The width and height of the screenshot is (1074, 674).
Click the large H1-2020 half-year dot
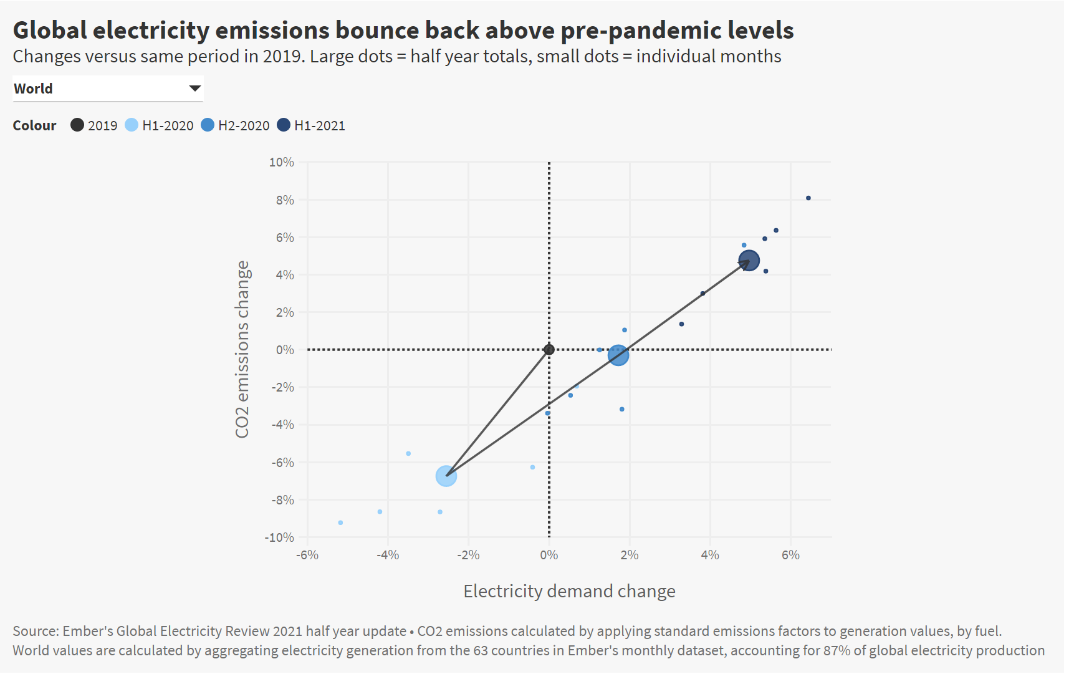(x=446, y=476)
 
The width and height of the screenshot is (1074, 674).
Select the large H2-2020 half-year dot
(x=618, y=355)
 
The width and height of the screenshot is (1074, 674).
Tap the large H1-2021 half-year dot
(x=749, y=261)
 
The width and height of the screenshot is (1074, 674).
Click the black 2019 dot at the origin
(x=549, y=350)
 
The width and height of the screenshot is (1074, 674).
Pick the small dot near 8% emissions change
(x=808, y=198)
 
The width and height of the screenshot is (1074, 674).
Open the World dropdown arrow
(x=195, y=89)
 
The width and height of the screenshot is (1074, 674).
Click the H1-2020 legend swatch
(x=132, y=125)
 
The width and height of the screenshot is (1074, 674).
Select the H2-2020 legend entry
(x=236, y=125)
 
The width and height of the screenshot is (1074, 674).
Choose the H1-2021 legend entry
(x=311, y=125)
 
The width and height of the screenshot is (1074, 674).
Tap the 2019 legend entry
(x=94, y=125)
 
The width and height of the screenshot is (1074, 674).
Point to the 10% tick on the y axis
(x=282, y=162)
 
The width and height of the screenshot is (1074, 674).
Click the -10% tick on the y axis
(x=279, y=537)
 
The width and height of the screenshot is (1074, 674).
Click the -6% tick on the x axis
(x=307, y=555)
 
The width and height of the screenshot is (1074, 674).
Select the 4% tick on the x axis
(x=710, y=555)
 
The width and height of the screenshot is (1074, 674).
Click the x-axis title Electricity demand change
(x=569, y=591)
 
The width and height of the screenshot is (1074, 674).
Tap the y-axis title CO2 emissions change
(x=242, y=349)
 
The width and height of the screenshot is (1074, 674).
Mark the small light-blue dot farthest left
(x=340, y=522)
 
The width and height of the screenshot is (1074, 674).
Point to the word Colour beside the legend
(x=34, y=125)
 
